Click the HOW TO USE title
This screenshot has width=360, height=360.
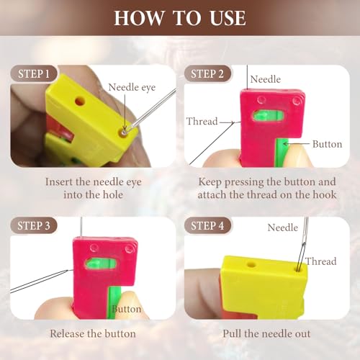tap(179, 17)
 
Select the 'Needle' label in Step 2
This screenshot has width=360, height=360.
tap(266, 79)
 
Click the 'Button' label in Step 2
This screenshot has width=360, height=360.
tap(327, 144)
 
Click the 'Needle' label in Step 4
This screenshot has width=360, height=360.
tap(282, 228)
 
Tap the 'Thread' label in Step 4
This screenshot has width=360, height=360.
tap(320, 261)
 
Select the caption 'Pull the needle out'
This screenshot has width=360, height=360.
tap(269, 333)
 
